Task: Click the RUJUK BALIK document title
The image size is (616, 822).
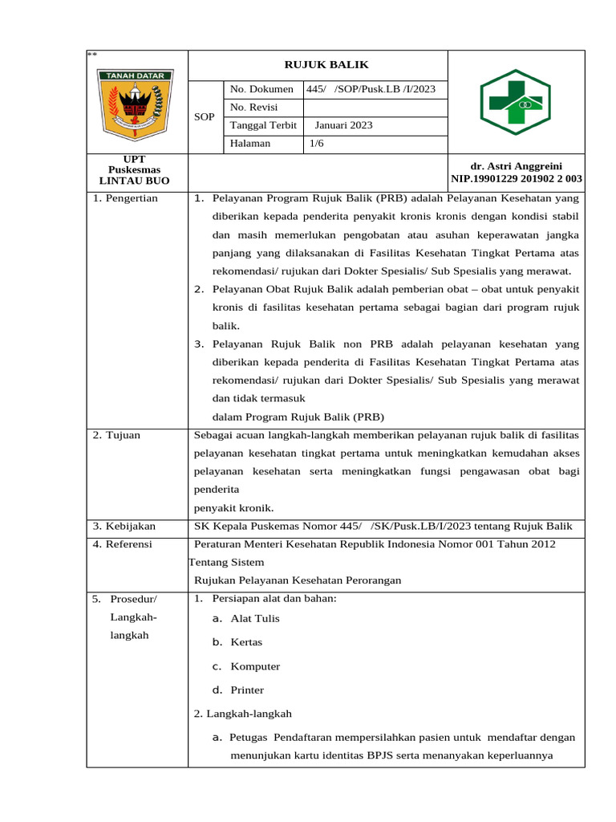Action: coord(318,64)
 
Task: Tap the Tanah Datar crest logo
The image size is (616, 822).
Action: coord(136,102)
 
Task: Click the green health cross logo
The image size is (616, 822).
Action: coord(516,102)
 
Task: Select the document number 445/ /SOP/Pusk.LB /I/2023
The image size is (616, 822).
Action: coord(371,89)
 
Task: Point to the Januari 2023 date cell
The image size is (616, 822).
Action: coord(343,125)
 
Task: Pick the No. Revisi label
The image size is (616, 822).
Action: coord(249,108)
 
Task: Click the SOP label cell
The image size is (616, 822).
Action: coord(205,117)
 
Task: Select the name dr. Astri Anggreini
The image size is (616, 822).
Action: coord(516,165)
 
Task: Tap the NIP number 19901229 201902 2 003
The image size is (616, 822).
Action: coord(517,179)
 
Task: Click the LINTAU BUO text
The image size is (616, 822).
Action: coord(135,181)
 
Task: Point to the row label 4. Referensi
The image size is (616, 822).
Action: coord(124,544)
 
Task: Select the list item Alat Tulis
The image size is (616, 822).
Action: coord(255,619)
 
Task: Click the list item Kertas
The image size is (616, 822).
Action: coord(246,643)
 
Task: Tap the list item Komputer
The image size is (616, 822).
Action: coord(255,666)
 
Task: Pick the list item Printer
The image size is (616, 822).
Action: coord(247,690)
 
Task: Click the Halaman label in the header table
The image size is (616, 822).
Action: coord(250,144)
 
